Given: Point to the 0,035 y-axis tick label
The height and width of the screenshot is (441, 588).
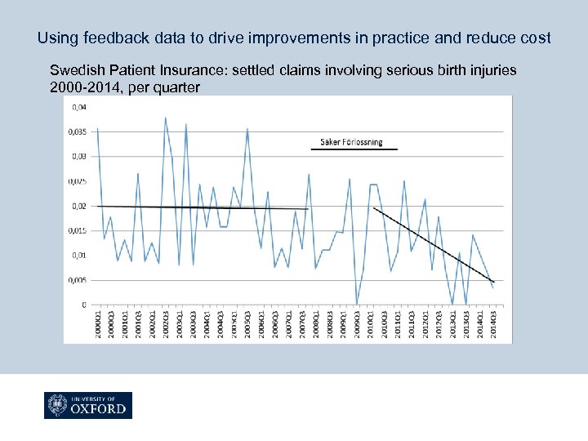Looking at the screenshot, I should click(79, 131).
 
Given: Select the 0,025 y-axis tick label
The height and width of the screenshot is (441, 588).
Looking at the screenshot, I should click(79, 180).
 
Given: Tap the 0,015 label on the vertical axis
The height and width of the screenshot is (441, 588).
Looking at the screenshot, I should click(79, 230).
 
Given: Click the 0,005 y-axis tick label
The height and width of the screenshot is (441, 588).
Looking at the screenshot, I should click(79, 279).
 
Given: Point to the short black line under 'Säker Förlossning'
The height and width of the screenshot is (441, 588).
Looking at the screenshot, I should click(354, 150).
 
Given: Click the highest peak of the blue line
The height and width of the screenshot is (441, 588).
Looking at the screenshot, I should click(165, 118).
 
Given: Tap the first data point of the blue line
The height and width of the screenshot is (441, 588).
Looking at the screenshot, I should click(98, 129).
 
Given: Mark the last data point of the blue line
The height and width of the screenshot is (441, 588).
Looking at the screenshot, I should click(492, 287).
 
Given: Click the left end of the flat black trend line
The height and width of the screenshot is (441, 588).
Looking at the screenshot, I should click(99, 206).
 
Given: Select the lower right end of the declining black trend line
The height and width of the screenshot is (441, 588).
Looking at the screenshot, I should click(493, 282).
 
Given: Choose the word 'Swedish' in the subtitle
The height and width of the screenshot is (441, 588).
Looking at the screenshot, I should click(74, 70).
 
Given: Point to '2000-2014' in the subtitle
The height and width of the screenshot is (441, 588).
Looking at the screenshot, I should click(82, 87).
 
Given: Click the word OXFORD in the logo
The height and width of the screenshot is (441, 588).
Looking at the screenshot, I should click(99, 409).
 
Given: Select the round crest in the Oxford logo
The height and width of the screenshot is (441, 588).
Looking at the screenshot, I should click(57, 406).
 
